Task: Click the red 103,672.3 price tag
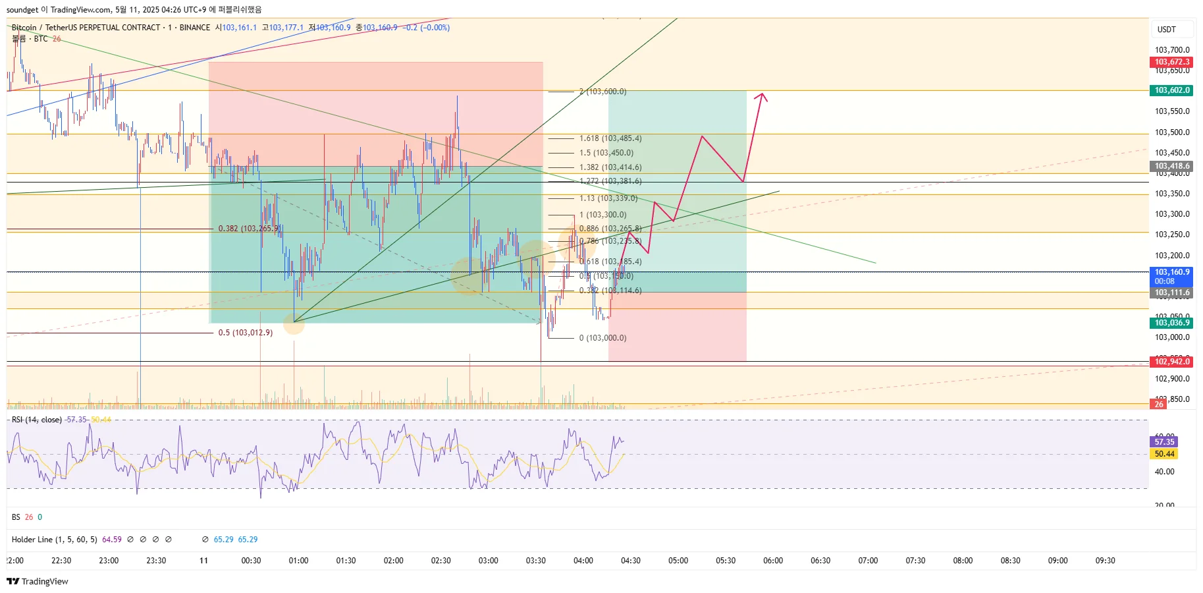click(x=1172, y=62)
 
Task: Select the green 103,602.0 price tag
click(x=1172, y=90)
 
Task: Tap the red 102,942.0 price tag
click(x=1172, y=362)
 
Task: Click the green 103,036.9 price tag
click(x=1172, y=323)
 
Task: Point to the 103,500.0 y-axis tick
click(x=1172, y=132)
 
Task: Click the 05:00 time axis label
click(x=678, y=561)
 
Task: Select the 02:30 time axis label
click(x=441, y=561)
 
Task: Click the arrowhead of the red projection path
click(x=762, y=96)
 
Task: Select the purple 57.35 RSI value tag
click(x=1164, y=442)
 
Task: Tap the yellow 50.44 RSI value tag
click(x=1164, y=454)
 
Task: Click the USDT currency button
click(x=1167, y=30)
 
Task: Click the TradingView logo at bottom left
click(x=38, y=581)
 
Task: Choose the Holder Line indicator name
click(x=54, y=540)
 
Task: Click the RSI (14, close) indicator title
click(x=37, y=420)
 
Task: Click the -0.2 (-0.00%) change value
click(x=427, y=28)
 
